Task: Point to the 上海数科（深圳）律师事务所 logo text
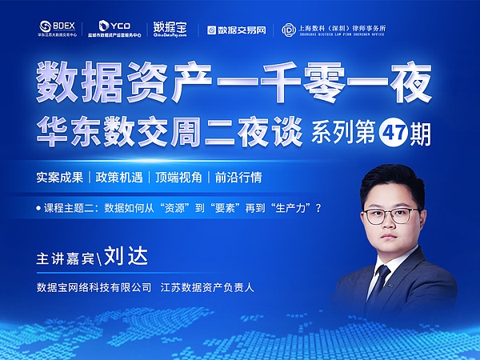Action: [x=352, y=29]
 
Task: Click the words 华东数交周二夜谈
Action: [x=167, y=130]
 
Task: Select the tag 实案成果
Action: [x=59, y=177]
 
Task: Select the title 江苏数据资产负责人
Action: [x=207, y=286]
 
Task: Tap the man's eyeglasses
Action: [x=390, y=215]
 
